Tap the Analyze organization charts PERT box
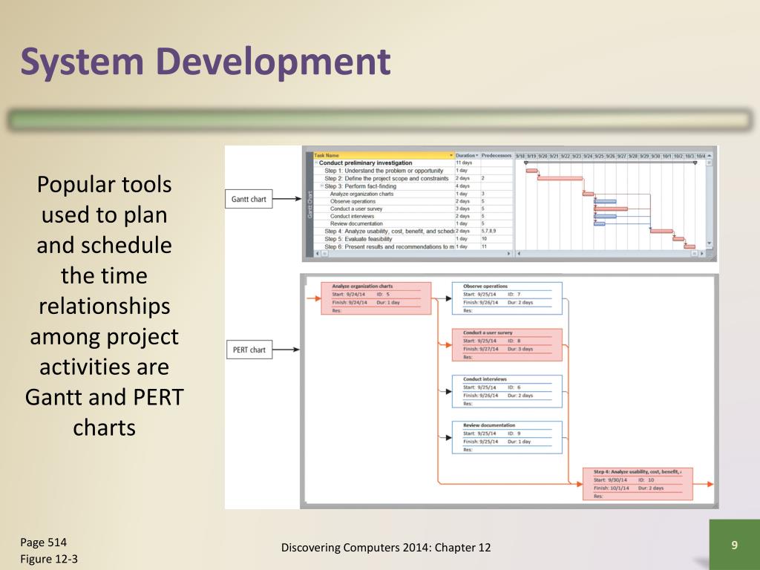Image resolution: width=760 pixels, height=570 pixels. [376, 298]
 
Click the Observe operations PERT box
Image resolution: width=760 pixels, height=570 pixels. [507, 298]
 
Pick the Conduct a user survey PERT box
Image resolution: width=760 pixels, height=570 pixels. [507, 345]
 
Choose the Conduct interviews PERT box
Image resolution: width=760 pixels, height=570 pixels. [507, 391]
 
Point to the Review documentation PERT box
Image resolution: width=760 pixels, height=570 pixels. [507, 437]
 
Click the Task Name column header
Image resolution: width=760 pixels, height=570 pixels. [381, 155]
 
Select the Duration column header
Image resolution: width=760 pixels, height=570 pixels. [466, 155]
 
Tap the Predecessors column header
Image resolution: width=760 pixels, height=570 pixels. [497, 155]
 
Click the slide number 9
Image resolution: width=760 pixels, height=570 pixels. [734, 546]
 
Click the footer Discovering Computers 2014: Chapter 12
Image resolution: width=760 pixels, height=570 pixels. [386, 548]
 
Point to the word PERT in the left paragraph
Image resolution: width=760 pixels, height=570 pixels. [154, 398]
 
